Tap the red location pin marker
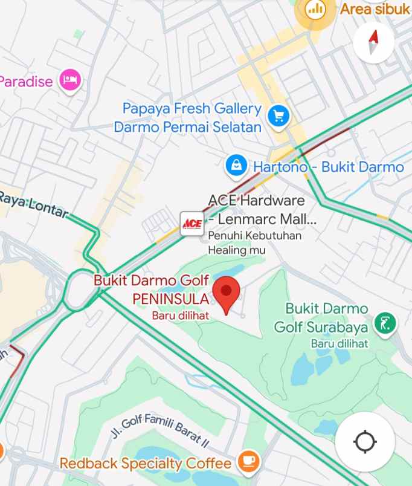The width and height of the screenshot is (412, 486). [x=227, y=293]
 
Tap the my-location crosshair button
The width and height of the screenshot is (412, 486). [x=365, y=442]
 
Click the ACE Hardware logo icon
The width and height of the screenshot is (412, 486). [x=192, y=223]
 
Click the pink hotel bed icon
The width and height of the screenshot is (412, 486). [x=69, y=80]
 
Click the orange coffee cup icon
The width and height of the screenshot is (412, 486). [x=248, y=462]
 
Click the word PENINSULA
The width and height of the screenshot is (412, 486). [x=170, y=299]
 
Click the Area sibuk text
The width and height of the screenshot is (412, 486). [x=375, y=9]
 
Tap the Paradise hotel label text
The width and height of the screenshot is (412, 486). [x=25, y=81]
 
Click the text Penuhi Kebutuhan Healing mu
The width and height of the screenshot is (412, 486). [x=254, y=242]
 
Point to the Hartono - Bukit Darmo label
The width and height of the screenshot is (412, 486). [x=328, y=167]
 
